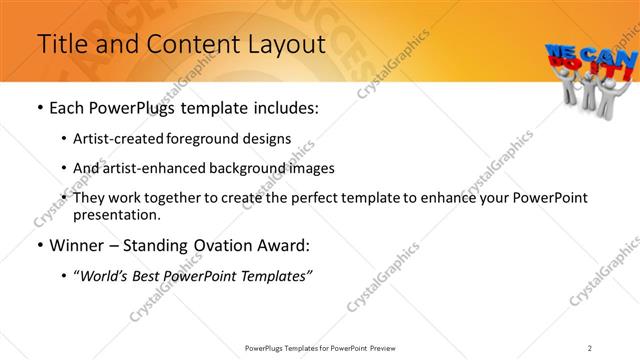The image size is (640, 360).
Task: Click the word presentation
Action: tap(116, 215)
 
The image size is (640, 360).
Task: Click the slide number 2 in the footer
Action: tap(590, 348)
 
